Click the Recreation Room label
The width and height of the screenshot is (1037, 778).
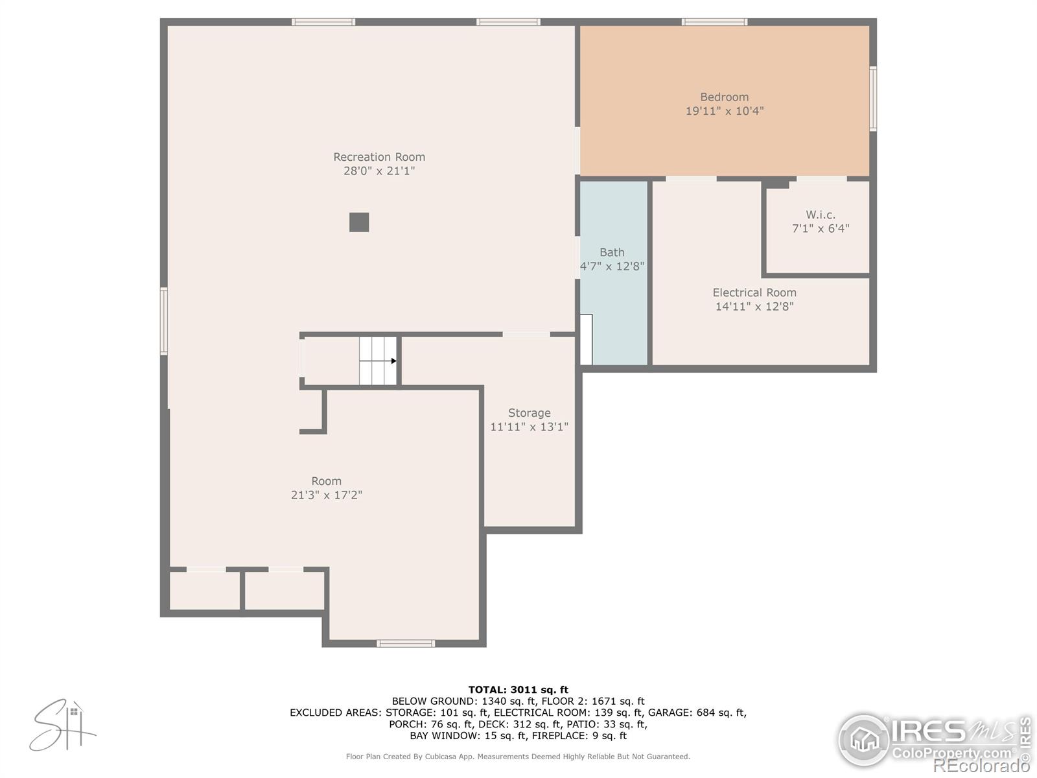(379, 157)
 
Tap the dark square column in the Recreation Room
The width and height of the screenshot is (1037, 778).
(359, 222)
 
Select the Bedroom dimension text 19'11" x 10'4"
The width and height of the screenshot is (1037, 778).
(725, 111)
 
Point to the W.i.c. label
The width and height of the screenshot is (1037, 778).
(821, 215)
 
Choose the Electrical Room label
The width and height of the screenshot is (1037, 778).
(754, 292)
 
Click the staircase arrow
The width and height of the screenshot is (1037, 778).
(393, 361)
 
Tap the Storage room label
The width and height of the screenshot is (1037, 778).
(529, 413)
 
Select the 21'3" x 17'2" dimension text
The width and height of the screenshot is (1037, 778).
(327, 495)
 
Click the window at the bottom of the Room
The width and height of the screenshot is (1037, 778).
(406, 643)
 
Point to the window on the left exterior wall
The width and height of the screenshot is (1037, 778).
(164, 321)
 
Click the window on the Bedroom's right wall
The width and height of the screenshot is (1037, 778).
(873, 99)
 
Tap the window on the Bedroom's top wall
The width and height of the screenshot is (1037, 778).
(714, 22)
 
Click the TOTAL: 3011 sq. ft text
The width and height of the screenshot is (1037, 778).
(518, 690)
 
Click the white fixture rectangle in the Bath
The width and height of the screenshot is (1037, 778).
(586, 339)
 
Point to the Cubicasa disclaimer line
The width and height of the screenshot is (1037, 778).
(518, 757)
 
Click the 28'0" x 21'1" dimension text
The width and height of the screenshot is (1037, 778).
(379, 171)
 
